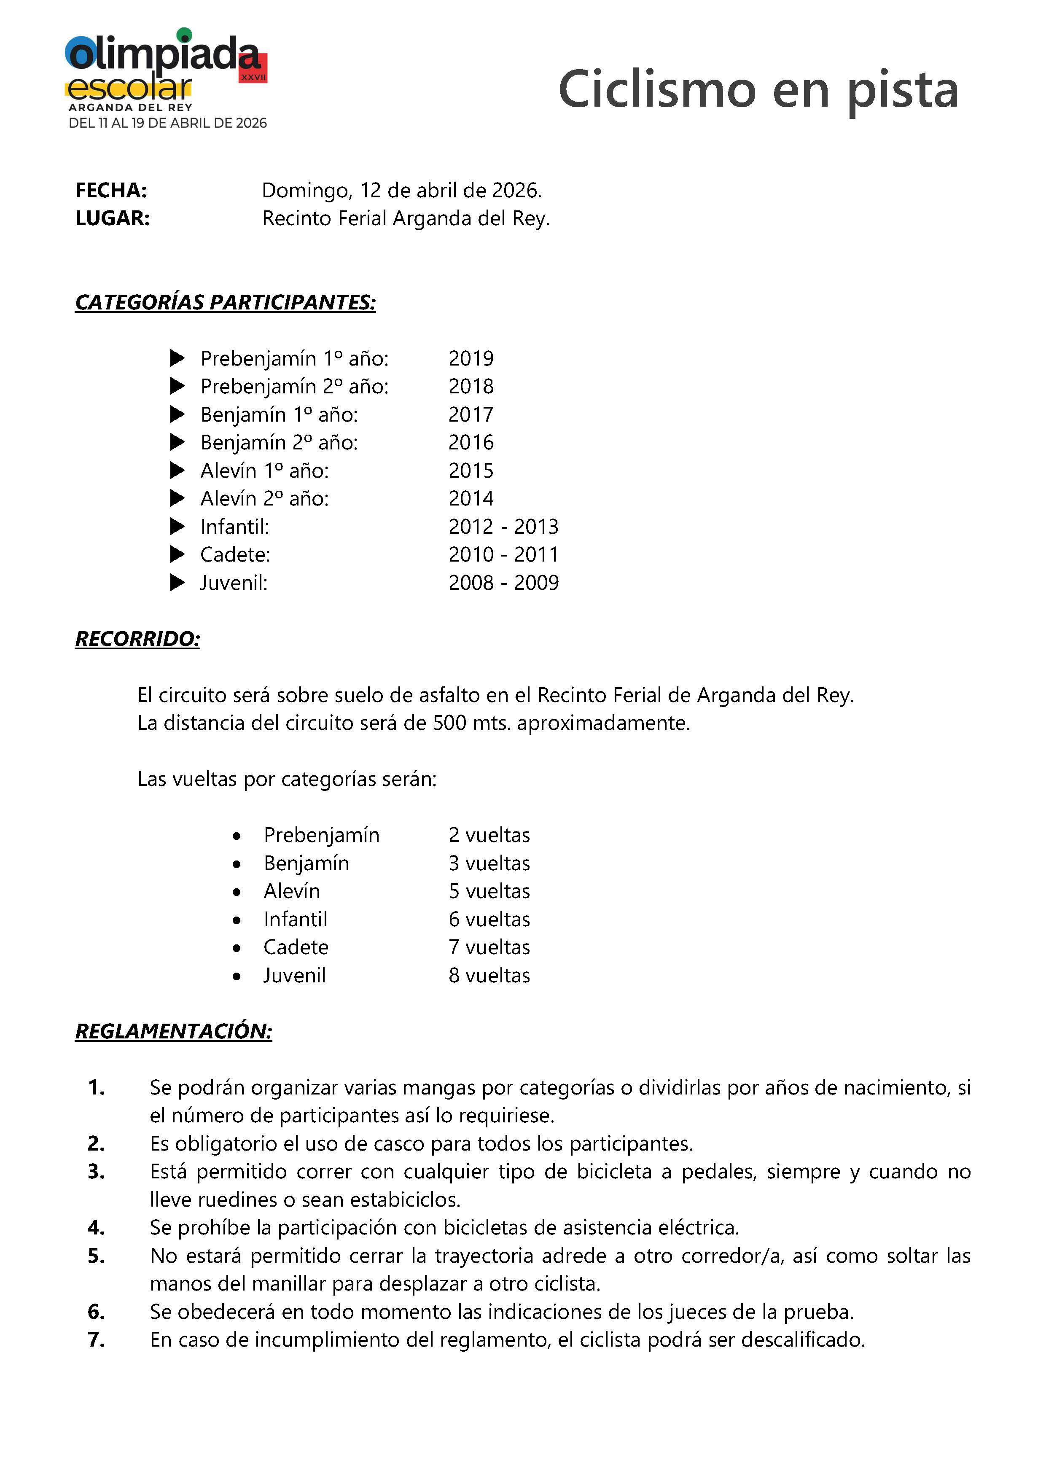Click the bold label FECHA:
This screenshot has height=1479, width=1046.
tap(111, 190)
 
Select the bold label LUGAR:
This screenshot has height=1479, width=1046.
tap(113, 218)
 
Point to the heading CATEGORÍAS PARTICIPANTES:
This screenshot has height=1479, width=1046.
tap(226, 302)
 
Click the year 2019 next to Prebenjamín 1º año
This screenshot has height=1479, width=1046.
tap(471, 358)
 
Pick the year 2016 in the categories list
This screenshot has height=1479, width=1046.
tap(471, 443)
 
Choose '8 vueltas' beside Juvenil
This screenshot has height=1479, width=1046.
tap(489, 975)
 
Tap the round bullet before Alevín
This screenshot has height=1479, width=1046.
tap(237, 892)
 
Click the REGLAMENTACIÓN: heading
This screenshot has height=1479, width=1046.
tap(174, 1031)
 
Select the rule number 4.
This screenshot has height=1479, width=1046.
tap(97, 1228)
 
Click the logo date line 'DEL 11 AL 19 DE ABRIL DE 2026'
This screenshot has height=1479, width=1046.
tap(167, 123)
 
